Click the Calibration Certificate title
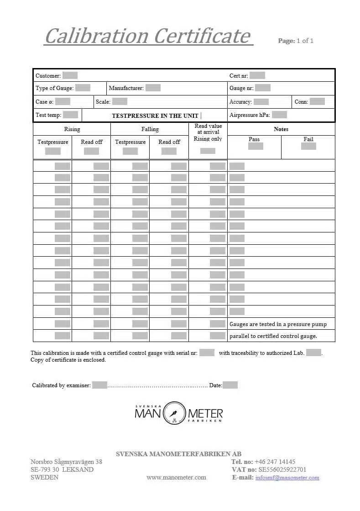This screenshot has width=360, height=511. (x=148, y=36)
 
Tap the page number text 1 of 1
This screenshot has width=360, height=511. (x=305, y=41)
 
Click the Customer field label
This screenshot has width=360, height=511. (x=48, y=76)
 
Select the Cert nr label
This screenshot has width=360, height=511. (x=239, y=76)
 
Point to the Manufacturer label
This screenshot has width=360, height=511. (x=126, y=88)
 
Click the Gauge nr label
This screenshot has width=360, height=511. (x=241, y=88)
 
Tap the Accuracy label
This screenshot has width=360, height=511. (x=240, y=102)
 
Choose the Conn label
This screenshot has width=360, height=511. (x=301, y=102)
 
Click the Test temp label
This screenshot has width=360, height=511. (x=48, y=115)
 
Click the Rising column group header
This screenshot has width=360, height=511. (x=72, y=129)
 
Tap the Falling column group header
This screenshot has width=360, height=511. (x=150, y=129)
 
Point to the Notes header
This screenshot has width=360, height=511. (x=281, y=129)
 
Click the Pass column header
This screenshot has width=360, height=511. (x=254, y=139)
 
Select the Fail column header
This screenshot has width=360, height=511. (x=308, y=139)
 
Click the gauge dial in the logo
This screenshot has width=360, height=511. (x=174, y=413)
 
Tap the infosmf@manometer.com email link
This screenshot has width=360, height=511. (x=287, y=478)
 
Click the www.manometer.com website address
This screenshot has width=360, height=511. (x=176, y=478)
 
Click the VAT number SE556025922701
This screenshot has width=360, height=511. (x=282, y=469)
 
